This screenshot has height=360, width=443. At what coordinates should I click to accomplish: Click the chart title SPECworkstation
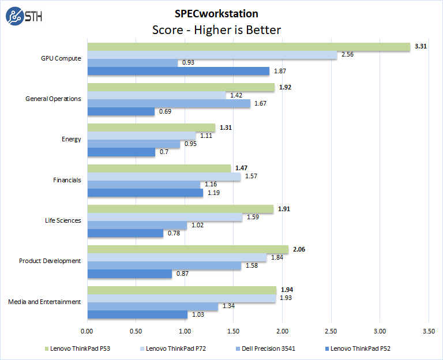216,13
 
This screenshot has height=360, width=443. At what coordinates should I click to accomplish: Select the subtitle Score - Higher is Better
216,29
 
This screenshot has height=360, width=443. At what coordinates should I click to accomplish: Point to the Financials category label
67,180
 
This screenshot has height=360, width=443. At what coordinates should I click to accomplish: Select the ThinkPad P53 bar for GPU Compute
248,46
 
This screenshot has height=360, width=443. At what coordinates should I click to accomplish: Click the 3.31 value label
420,46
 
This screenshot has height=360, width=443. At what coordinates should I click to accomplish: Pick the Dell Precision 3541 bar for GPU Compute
132,62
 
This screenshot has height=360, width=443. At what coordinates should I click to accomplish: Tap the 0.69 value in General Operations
164,111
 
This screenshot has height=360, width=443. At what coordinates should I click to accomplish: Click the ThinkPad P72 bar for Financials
163,177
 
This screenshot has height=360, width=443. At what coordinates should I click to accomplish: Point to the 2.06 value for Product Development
298,249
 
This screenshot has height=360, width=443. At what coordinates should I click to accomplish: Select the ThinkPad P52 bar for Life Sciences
125,233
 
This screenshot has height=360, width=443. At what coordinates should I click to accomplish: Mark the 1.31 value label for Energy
224,127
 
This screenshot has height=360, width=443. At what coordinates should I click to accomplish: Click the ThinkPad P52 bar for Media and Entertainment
137,314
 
